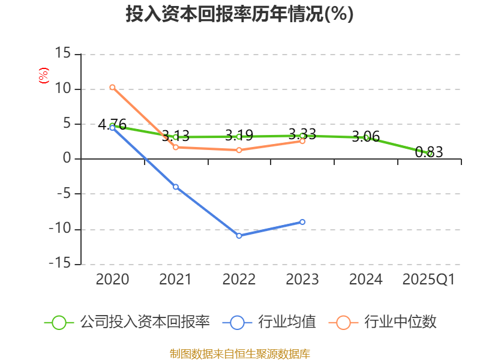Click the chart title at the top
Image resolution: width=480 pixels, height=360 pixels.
coord(239,14)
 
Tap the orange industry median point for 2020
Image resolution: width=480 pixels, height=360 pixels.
coord(112,88)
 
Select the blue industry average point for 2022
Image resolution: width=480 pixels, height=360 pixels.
coord(239,236)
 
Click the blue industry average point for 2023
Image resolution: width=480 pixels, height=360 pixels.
coord(302,222)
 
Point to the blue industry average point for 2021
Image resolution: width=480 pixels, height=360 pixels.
coord(176,187)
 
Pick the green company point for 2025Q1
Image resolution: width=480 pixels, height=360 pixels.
coord(430,154)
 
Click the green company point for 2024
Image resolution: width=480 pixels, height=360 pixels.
coord(366,138)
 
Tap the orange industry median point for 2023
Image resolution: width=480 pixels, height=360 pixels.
coord(302,141)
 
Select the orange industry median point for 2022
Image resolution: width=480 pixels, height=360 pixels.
coord(239,150)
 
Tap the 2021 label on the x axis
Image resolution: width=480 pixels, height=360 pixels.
coord(176,280)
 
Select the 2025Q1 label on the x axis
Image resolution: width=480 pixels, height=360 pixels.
coord(429,280)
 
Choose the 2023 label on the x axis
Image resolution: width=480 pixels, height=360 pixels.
coord(302,280)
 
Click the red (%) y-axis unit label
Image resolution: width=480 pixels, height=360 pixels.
coord(43,76)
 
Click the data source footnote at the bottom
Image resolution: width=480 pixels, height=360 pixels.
coord(239,353)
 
